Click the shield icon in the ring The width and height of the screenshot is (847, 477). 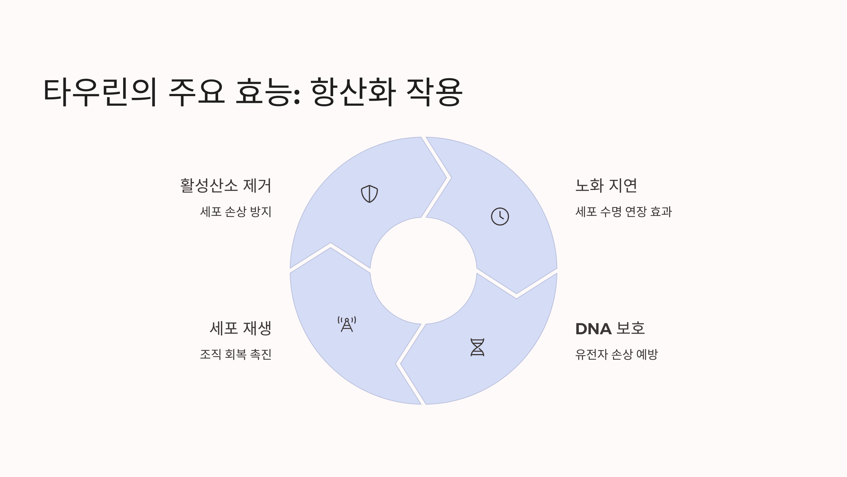pos(369,194)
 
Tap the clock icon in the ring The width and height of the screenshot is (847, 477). pos(500,216)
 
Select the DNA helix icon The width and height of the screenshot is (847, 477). pos(477,347)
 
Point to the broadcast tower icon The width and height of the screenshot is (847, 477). pos(347,324)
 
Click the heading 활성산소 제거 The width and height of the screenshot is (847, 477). pos(226,185)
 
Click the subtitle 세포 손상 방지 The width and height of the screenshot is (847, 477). pos(236,212)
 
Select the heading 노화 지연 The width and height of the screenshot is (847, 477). pos(606,185)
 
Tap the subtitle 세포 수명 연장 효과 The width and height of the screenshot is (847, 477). pos(624,212)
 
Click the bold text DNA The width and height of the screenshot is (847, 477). pos(593,329)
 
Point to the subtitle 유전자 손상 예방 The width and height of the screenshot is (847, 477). pos(617,354)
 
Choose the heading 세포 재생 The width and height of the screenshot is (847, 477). pos(241,328)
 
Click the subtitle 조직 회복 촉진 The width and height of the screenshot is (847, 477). pos(236,354)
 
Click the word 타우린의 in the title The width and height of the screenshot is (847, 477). pos(100,92)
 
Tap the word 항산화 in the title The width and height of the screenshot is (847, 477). pos(353,92)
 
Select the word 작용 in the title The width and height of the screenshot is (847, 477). pos(434,92)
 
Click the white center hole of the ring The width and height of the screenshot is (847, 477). pos(423,271)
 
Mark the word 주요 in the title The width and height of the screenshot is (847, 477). pos(197,92)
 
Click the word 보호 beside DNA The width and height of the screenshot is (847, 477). pos(631,329)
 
